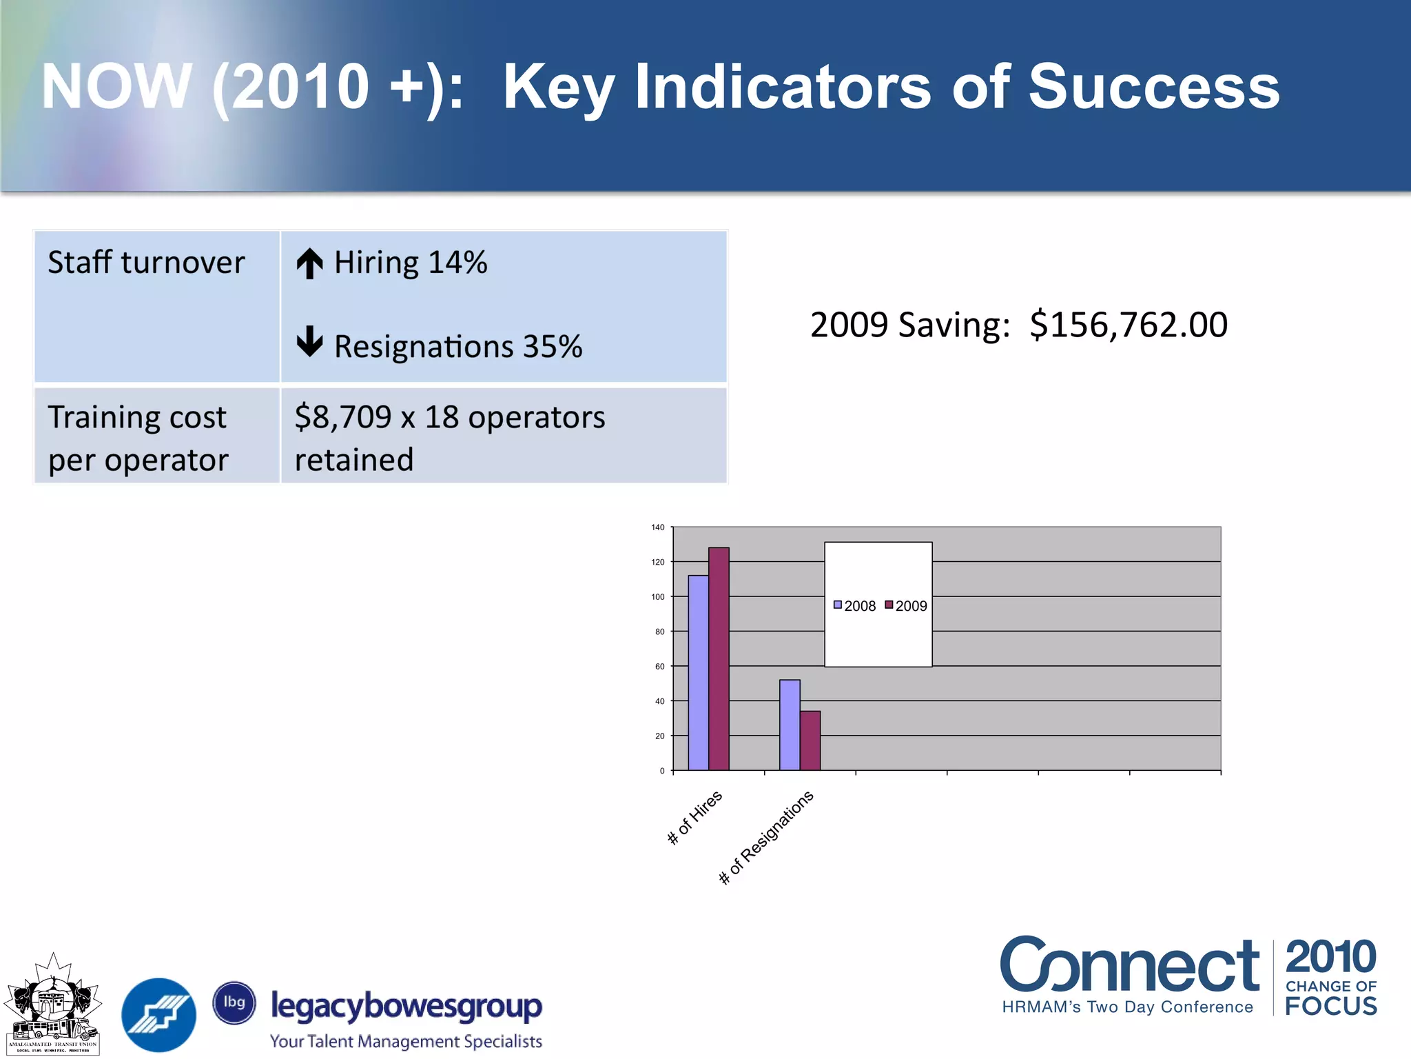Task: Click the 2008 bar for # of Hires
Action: coord(698,673)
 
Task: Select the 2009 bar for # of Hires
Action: coord(719,659)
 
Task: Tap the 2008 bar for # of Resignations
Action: coord(790,725)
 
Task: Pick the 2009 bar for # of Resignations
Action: coord(810,741)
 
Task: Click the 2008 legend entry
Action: coord(854,606)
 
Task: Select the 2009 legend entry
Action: coord(906,606)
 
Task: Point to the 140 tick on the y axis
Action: coord(658,527)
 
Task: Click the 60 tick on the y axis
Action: coord(660,667)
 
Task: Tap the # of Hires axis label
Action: coord(694,818)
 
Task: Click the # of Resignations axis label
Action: coord(766,838)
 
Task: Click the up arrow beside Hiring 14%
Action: coord(309,263)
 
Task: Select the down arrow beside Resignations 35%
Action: coord(309,342)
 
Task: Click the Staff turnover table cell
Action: coord(146,263)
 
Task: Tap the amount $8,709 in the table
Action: coord(342,418)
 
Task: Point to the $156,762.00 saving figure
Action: coord(1128,325)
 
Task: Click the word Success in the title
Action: coord(1153,87)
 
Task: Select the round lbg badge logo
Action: coord(234,1002)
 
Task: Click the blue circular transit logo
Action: coord(158,1014)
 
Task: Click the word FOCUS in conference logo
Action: coord(1330,1007)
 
